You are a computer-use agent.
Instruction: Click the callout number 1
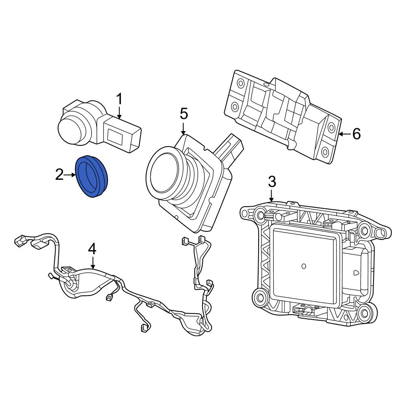[x=119, y=99]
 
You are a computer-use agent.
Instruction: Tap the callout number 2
[x=59, y=175]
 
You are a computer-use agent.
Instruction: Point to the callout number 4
[x=92, y=248]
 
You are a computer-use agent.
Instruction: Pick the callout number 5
[x=184, y=114]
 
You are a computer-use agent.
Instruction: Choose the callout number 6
[x=356, y=134]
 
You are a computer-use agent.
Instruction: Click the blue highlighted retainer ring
[x=93, y=177]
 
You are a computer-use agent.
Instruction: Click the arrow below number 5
[x=184, y=129]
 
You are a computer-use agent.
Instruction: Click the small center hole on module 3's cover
[x=304, y=266]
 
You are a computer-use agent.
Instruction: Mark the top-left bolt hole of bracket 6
[x=240, y=84]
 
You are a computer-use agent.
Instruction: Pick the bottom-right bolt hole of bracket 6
[x=325, y=152]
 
